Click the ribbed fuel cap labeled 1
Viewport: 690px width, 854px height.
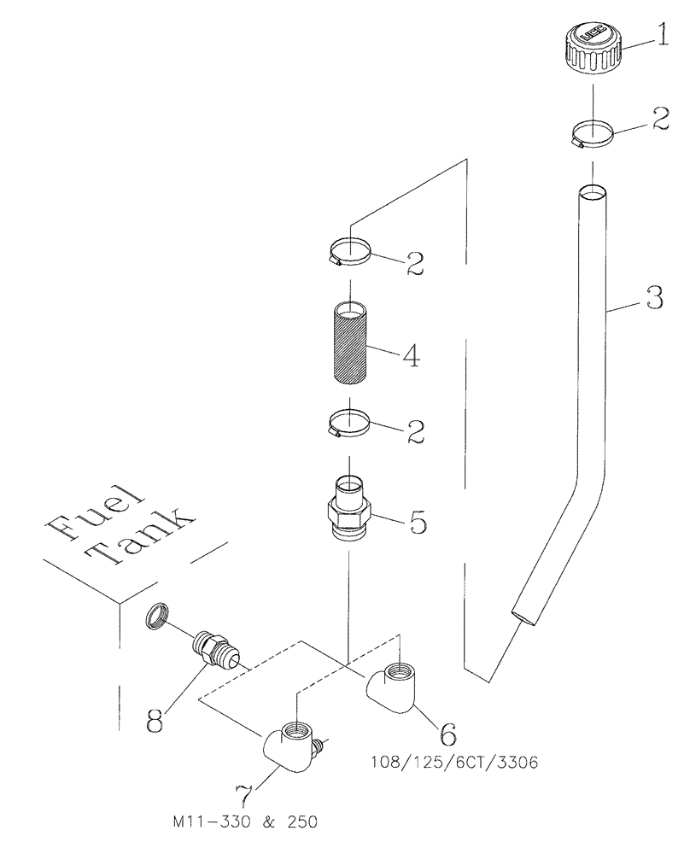pos(592,46)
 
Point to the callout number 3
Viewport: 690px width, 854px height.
pos(654,298)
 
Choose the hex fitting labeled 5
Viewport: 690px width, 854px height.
pos(350,510)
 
